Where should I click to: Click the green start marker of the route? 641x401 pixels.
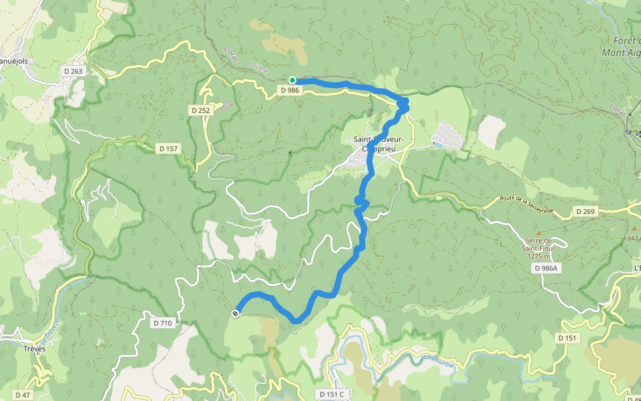(292, 80)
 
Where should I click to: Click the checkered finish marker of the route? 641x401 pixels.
(236, 313)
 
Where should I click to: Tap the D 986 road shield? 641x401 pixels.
(290, 90)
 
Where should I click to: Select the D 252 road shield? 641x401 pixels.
(201, 110)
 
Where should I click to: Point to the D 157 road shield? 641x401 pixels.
(168, 148)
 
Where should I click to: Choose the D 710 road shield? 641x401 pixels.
(162, 323)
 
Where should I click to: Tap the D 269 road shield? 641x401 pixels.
(584, 211)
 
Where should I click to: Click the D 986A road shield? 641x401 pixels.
(546, 267)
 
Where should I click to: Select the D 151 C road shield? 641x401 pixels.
(331, 394)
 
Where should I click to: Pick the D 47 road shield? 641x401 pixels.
(22, 395)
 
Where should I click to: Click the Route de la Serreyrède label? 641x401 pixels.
(527, 203)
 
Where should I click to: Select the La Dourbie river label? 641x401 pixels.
(439, 361)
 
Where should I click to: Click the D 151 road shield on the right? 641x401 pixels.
(567, 338)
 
